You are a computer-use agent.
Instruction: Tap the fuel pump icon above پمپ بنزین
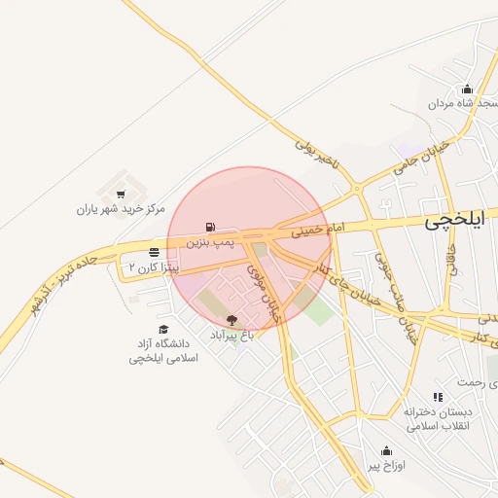click(x=211, y=227)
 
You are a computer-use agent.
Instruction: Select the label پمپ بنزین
click(x=212, y=239)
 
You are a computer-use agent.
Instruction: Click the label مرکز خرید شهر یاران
click(x=122, y=209)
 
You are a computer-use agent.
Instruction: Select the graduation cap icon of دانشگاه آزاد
click(x=163, y=330)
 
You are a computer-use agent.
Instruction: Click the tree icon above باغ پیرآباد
click(x=231, y=320)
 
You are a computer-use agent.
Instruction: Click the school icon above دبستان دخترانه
click(x=438, y=397)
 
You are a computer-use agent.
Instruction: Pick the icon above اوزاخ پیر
click(x=386, y=450)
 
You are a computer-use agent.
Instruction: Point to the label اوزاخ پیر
click(x=386, y=465)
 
